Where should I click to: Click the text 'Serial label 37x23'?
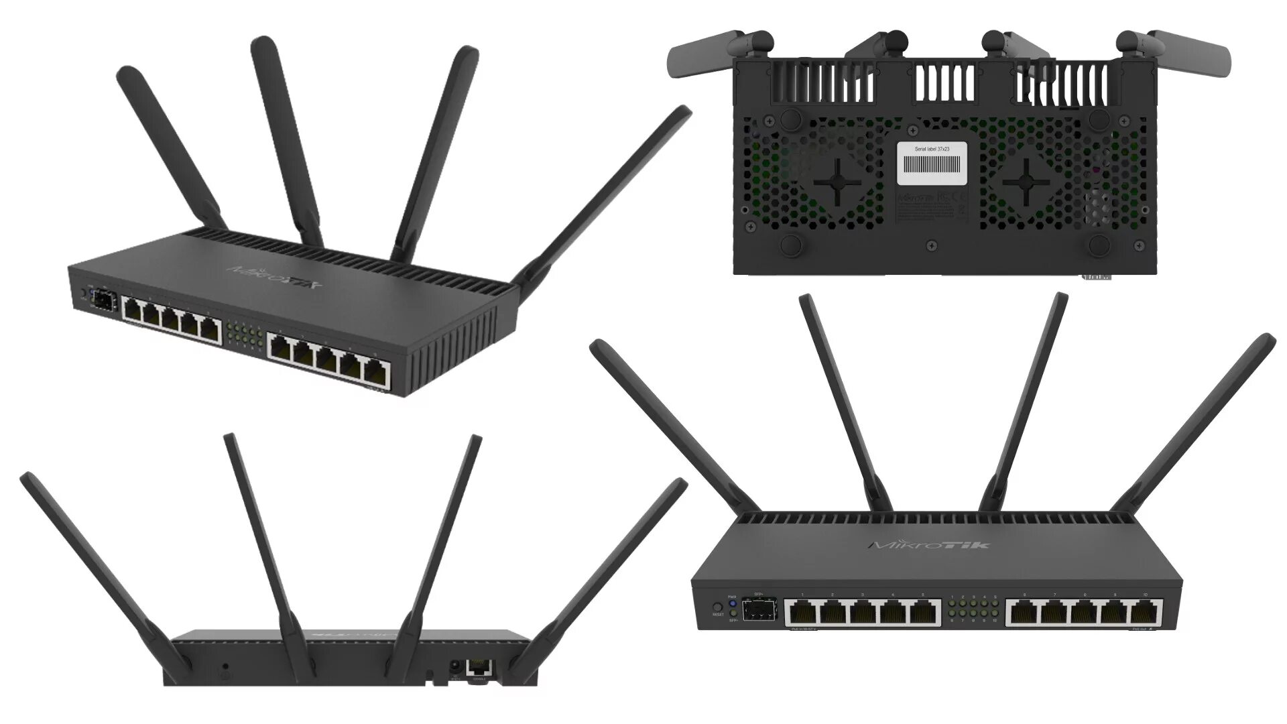pos(932,149)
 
